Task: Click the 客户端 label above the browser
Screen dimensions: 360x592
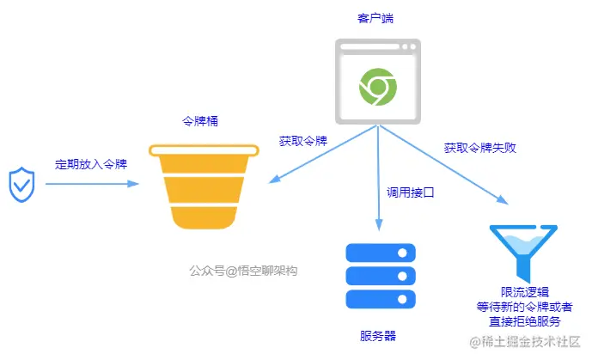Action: [x=375, y=17]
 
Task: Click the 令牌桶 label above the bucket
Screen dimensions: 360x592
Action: [x=201, y=121]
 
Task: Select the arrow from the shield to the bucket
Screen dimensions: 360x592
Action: [x=91, y=184]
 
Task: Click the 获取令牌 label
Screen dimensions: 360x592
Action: [x=302, y=140]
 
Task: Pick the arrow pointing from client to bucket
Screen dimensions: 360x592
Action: [x=322, y=156]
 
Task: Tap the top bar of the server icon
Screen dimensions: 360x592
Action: [x=380, y=253]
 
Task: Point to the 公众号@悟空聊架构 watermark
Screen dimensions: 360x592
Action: [x=243, y=270]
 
